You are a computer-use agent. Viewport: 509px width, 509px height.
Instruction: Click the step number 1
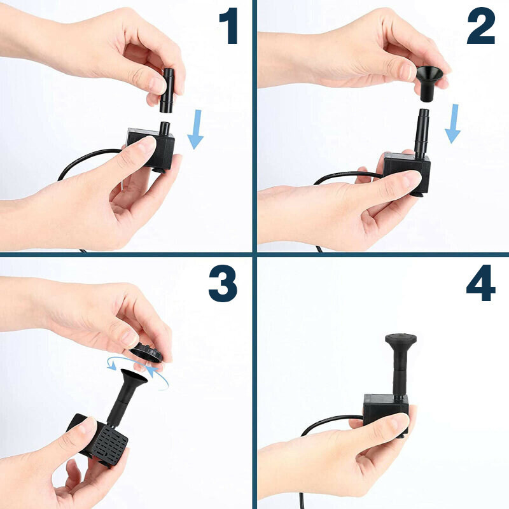click(x=228, y=25)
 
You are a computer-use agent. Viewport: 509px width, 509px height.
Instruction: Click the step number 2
click(x=481, y=25)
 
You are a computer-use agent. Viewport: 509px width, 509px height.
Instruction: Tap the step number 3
click(x=223, y=283)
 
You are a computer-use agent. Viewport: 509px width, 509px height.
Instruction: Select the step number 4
click(x=481, y=283)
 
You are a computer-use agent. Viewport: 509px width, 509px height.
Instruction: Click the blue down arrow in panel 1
click(x=195, y=129)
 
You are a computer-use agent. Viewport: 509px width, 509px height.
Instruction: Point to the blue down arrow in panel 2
click(x=453, y=123)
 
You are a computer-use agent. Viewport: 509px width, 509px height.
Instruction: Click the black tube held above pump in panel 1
click(x=167, y=90)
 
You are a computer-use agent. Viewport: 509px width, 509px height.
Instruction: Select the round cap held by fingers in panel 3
click(x=146, y=352)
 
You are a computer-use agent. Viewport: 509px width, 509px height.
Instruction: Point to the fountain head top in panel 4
click(x=401, y=339)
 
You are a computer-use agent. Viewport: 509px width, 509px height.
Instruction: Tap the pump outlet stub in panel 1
click(x=165, y=129)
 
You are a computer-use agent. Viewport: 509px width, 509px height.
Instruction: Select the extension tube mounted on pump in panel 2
click(x=422, y=134)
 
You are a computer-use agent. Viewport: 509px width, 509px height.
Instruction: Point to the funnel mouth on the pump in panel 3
click(x=134, y=375)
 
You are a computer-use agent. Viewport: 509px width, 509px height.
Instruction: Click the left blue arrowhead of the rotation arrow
click(x=112, y=366)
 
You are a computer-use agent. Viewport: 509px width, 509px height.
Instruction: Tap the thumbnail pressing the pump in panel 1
click(x=147, y=144)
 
